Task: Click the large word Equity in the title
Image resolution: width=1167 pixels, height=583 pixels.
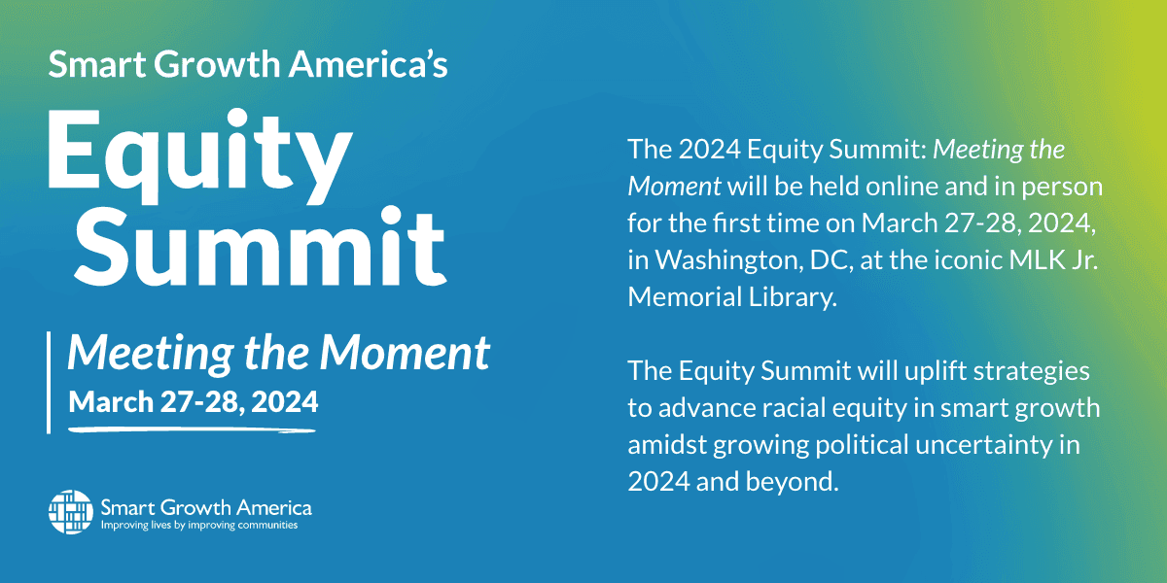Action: (x=200, y=156)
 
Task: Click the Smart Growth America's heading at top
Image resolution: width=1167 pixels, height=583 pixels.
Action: (x=248, y=64)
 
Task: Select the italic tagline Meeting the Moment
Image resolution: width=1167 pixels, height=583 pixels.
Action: (x=279, y=353)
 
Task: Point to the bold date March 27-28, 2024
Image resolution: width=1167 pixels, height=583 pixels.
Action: (x=194, y=402)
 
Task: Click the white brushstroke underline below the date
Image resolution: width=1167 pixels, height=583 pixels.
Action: (x=192, y=429)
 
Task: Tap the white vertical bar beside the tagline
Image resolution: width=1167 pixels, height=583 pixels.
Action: (x=49, y=383)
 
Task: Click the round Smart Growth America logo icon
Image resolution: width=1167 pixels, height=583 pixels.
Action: (x=71, y=512)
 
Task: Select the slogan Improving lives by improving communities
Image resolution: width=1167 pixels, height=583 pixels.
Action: (x=199, y=525)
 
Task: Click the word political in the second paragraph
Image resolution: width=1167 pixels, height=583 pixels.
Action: (x=862, y=445)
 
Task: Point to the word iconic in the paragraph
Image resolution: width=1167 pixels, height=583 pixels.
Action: (x=968, y=259)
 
